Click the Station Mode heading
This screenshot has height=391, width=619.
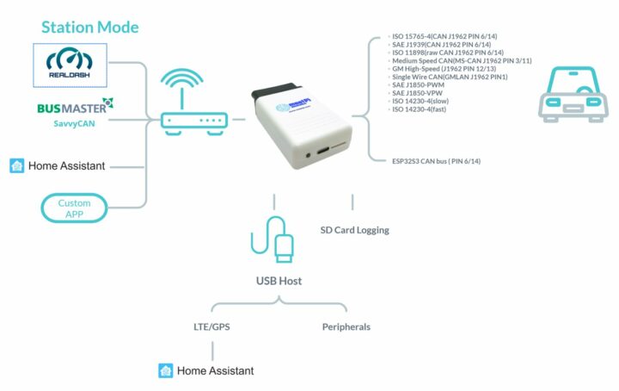89,28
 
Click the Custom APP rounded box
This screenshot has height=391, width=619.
75,208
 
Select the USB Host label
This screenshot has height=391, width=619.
279,281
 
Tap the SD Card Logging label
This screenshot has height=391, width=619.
354,230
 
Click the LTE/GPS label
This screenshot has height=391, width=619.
211,327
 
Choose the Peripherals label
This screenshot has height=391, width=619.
346,327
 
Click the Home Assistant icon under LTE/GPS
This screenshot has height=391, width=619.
166,371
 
